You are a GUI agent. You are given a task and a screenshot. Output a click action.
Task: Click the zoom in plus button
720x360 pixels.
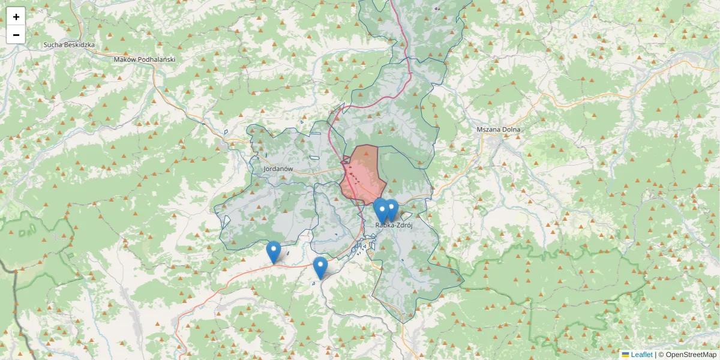click(x=16, y=17)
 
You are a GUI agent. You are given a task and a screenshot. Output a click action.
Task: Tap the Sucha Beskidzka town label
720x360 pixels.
click(x=70, y=45)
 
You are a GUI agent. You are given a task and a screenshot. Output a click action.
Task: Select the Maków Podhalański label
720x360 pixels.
click(x=144, y=59)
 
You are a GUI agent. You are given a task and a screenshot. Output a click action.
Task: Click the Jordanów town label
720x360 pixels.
click(x=278, y=169)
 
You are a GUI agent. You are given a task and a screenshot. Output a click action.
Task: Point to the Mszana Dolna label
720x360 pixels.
click(x=498, y=130)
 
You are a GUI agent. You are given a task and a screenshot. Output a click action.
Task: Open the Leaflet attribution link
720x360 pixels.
click(x=641, y=355)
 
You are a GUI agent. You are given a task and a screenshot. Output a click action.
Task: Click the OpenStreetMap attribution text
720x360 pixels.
click(x=691, y=355)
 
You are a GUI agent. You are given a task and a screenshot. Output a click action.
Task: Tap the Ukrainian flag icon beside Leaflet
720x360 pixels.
click(x=625, y=355)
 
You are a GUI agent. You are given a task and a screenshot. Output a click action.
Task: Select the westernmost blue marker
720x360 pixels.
click(x=274, y=251)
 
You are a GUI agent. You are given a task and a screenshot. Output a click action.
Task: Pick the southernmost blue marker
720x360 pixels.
click(x=320, y=267)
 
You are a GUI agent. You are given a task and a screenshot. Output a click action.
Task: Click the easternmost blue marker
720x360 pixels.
click(x=391, y=209)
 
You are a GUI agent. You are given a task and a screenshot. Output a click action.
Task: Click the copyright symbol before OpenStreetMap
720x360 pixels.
click(x=661, y=355)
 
